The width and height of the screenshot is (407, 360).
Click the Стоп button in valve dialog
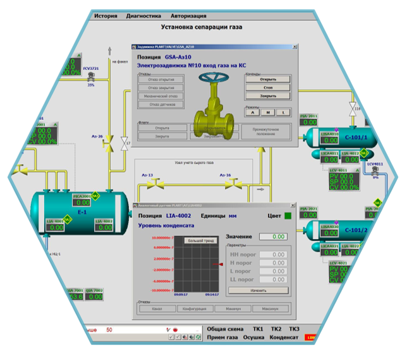[x=268, y=87]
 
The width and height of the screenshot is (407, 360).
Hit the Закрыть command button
[x=268, y=96]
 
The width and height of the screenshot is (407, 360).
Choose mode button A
[x=252, y=112]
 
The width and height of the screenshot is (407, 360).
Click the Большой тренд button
[x=200, y=241]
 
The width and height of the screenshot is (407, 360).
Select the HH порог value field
[x=274, y=255]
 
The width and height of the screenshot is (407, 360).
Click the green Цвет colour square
[x=288, y=216]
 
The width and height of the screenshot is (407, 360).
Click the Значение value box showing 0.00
[x=274, y=236]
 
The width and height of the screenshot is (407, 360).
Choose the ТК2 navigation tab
[x=276, y=329]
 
